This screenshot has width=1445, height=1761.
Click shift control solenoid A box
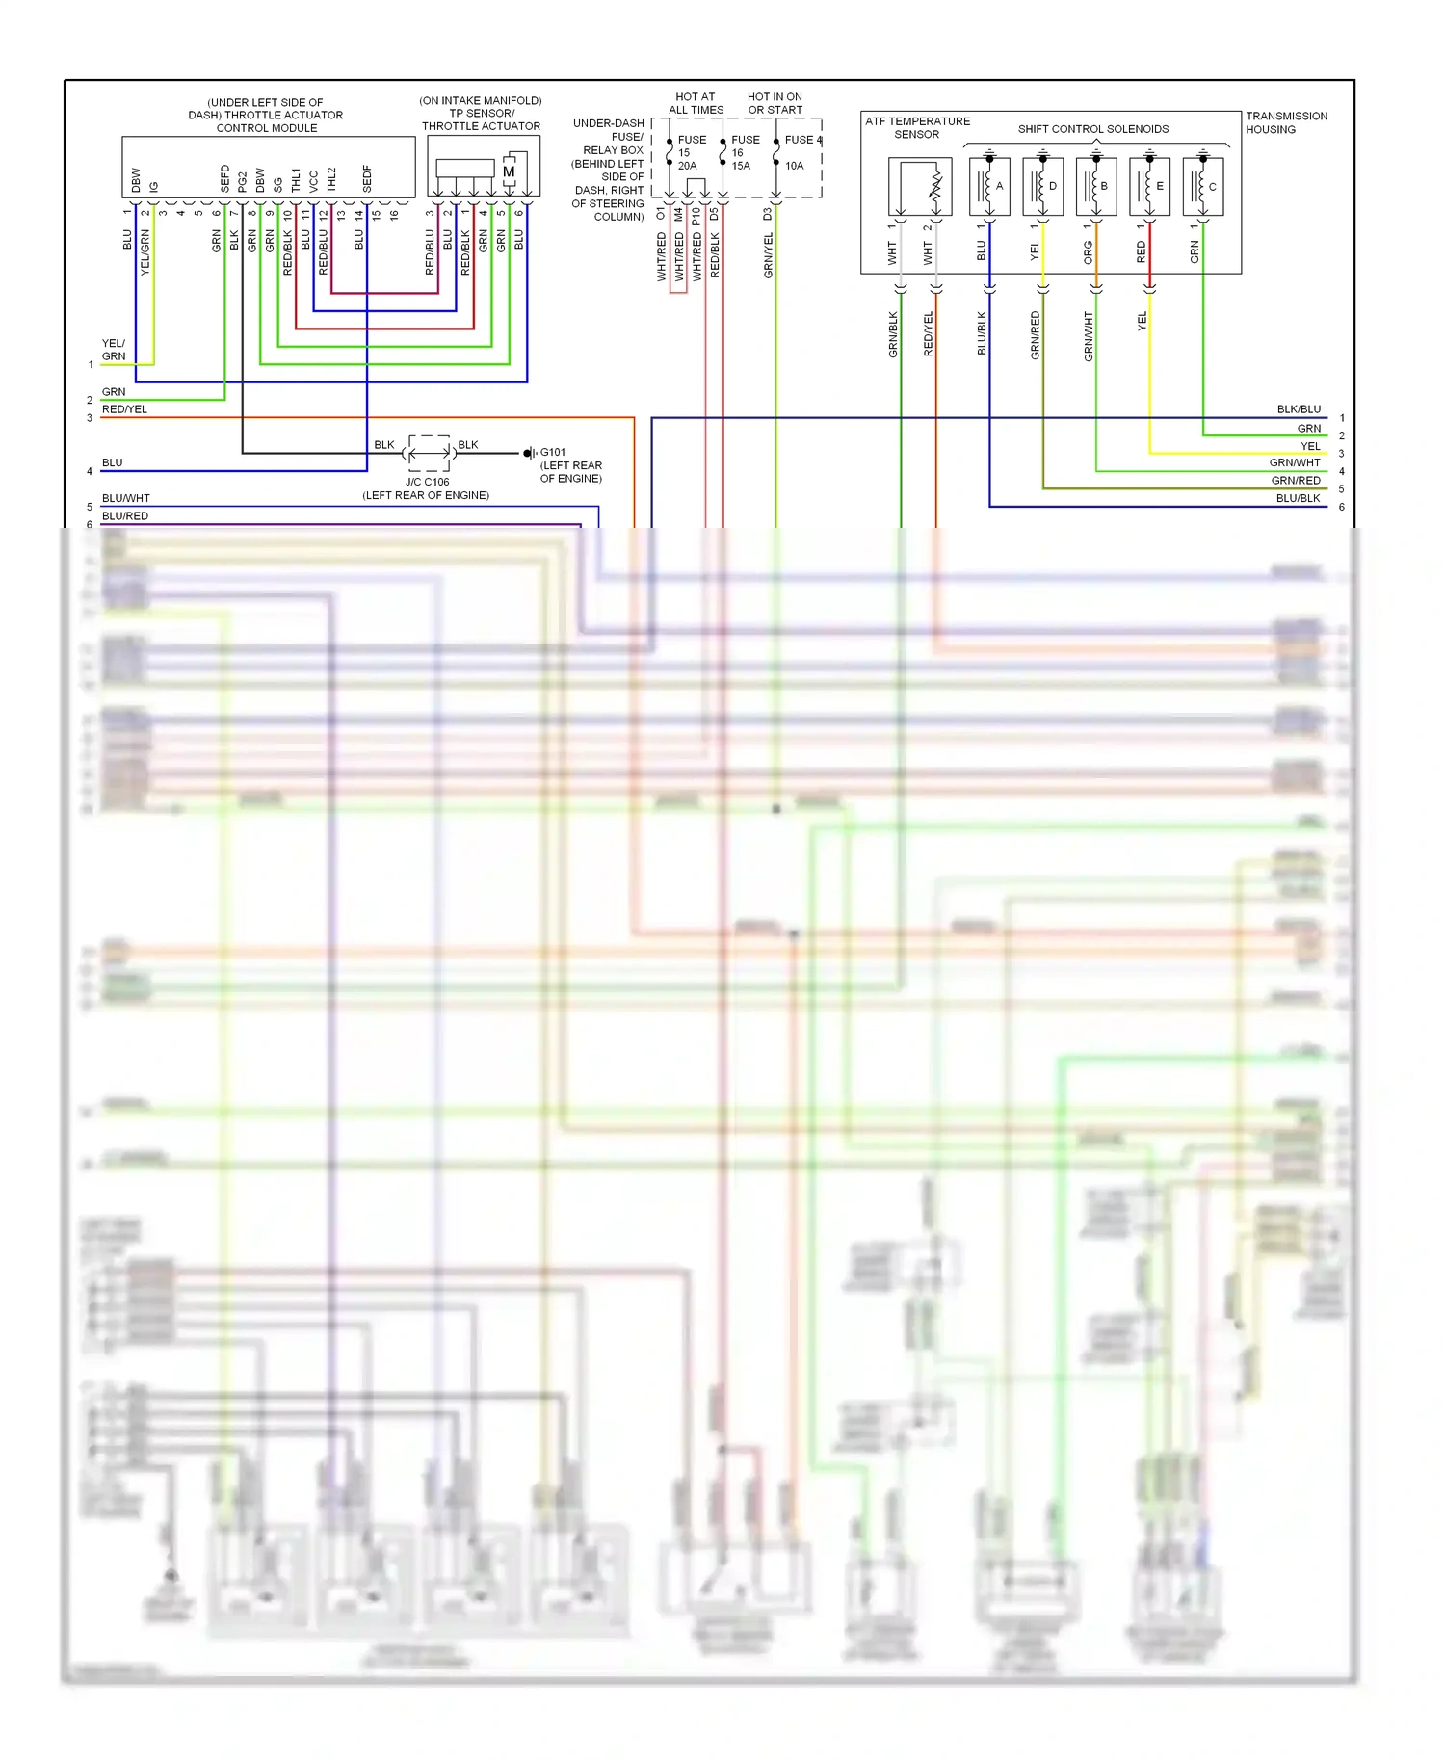pyautogui.click(x=989, y=186)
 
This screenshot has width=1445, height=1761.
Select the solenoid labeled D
pyautogui.click(x=1042, y=186)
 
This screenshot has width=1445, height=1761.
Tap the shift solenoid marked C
pyautogui.click(x=1202, y=186)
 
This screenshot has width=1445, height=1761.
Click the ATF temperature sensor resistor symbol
pyautogui.click(x=934, y=188)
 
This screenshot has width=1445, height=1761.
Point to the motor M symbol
pyautogui.click(x=509, y=172)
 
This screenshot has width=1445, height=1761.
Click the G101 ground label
pyautogui.click(x=553, y=452)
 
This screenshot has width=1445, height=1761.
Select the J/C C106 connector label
pyautogui.click(x=427, y=482)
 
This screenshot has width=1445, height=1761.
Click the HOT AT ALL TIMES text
pyautogui.click(x=696, y=103)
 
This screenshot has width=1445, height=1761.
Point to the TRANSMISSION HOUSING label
pyautogui.click(x=1285, y=122)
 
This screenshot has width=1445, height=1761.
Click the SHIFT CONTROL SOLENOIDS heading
pyautogui.click(x=1092, y=129)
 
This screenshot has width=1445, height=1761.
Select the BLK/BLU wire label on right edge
pyautogui.click(x=1299, y=409)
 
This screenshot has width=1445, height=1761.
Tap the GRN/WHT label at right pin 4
pyautogui.click(x=1295, y=463)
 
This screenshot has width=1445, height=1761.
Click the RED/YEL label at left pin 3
pyautogui.click(x=124, y=409)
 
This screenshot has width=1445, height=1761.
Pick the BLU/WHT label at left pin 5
pyautogui.click(x=125, y=498)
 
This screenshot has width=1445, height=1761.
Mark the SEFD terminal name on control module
pyautogui.click(x=225, y=178)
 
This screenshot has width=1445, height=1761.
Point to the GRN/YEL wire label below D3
pyautogui.click(x=768, y=255)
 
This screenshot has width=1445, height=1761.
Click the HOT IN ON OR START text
pyautogui.click(x=775, y=103)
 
